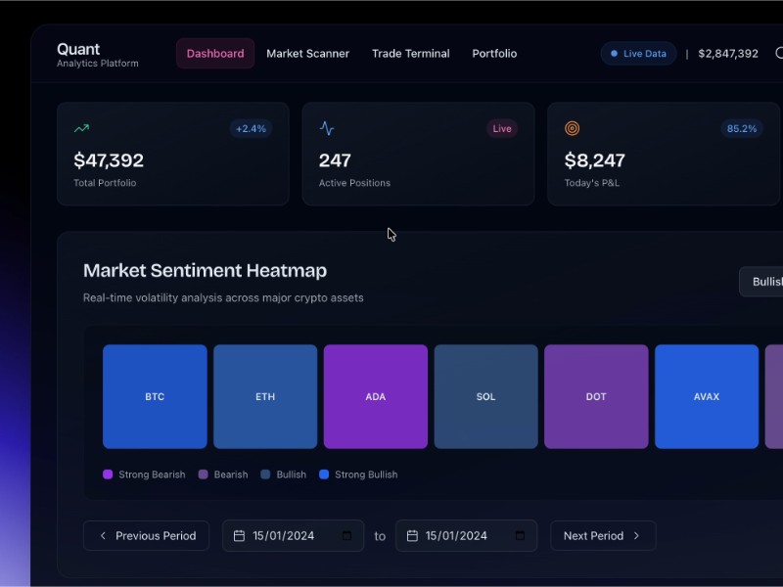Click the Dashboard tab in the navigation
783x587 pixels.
click(x=215, y=54)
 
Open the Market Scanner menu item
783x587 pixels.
click(x=307, y=54)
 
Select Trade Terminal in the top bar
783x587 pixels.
click(x=411, y=54)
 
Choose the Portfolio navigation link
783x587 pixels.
click(x=494, y=54)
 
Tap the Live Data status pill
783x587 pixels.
click(x=638, y=54)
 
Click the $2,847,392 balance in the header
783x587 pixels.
click(x=728, y=54)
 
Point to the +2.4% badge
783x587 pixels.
click(x=251, y=129)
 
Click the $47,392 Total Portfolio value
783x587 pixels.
click(x=109, y=160)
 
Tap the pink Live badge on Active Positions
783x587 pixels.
click(x=502, y=129)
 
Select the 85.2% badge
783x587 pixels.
click(x=742, y=129)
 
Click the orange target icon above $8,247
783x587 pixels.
click(x=573, y=129)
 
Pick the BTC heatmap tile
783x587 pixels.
click(x=155, y=396)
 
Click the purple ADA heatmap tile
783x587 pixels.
click(x=376, y=396)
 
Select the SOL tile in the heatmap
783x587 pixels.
click(x=486, y=396)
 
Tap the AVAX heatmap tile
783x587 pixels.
click(x=707, y=396)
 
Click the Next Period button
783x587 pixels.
click(x=602, y=536)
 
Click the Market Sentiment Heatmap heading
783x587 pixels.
click(x=206, y=271)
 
